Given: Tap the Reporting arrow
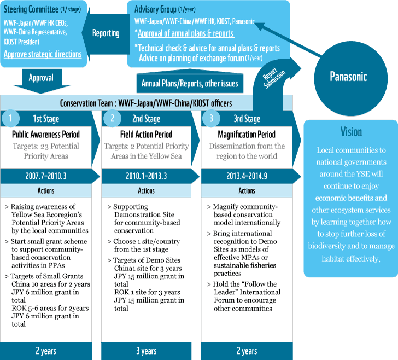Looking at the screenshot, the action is (106, 33).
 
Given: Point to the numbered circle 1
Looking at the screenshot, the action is (10, 118).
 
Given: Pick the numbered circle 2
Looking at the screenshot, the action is (113, 118).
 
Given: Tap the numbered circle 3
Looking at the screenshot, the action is (211, 118).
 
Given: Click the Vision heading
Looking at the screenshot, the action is (351, 132).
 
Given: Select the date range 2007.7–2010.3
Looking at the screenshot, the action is (46, 176).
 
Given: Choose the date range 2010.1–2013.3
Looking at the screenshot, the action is (146, 176).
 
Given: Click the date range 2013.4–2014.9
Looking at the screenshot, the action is (247, 176).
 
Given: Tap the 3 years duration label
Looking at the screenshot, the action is (146, 351).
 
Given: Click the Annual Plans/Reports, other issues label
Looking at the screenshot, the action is (190, 83).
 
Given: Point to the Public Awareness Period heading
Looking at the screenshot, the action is (46, 135).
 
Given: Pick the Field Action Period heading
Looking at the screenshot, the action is (146, 135).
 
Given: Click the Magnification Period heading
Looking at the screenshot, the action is (247, 135).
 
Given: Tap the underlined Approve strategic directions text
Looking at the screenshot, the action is (43, 54).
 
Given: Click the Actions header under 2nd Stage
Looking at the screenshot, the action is (146, 191).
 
